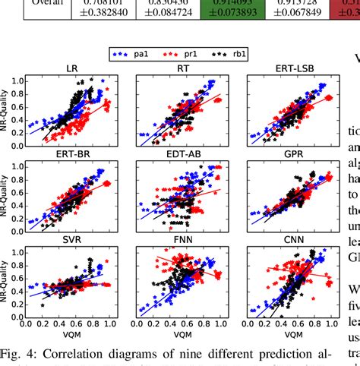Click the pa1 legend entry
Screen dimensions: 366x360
[133, 55]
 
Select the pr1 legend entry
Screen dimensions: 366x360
[179, 55]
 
